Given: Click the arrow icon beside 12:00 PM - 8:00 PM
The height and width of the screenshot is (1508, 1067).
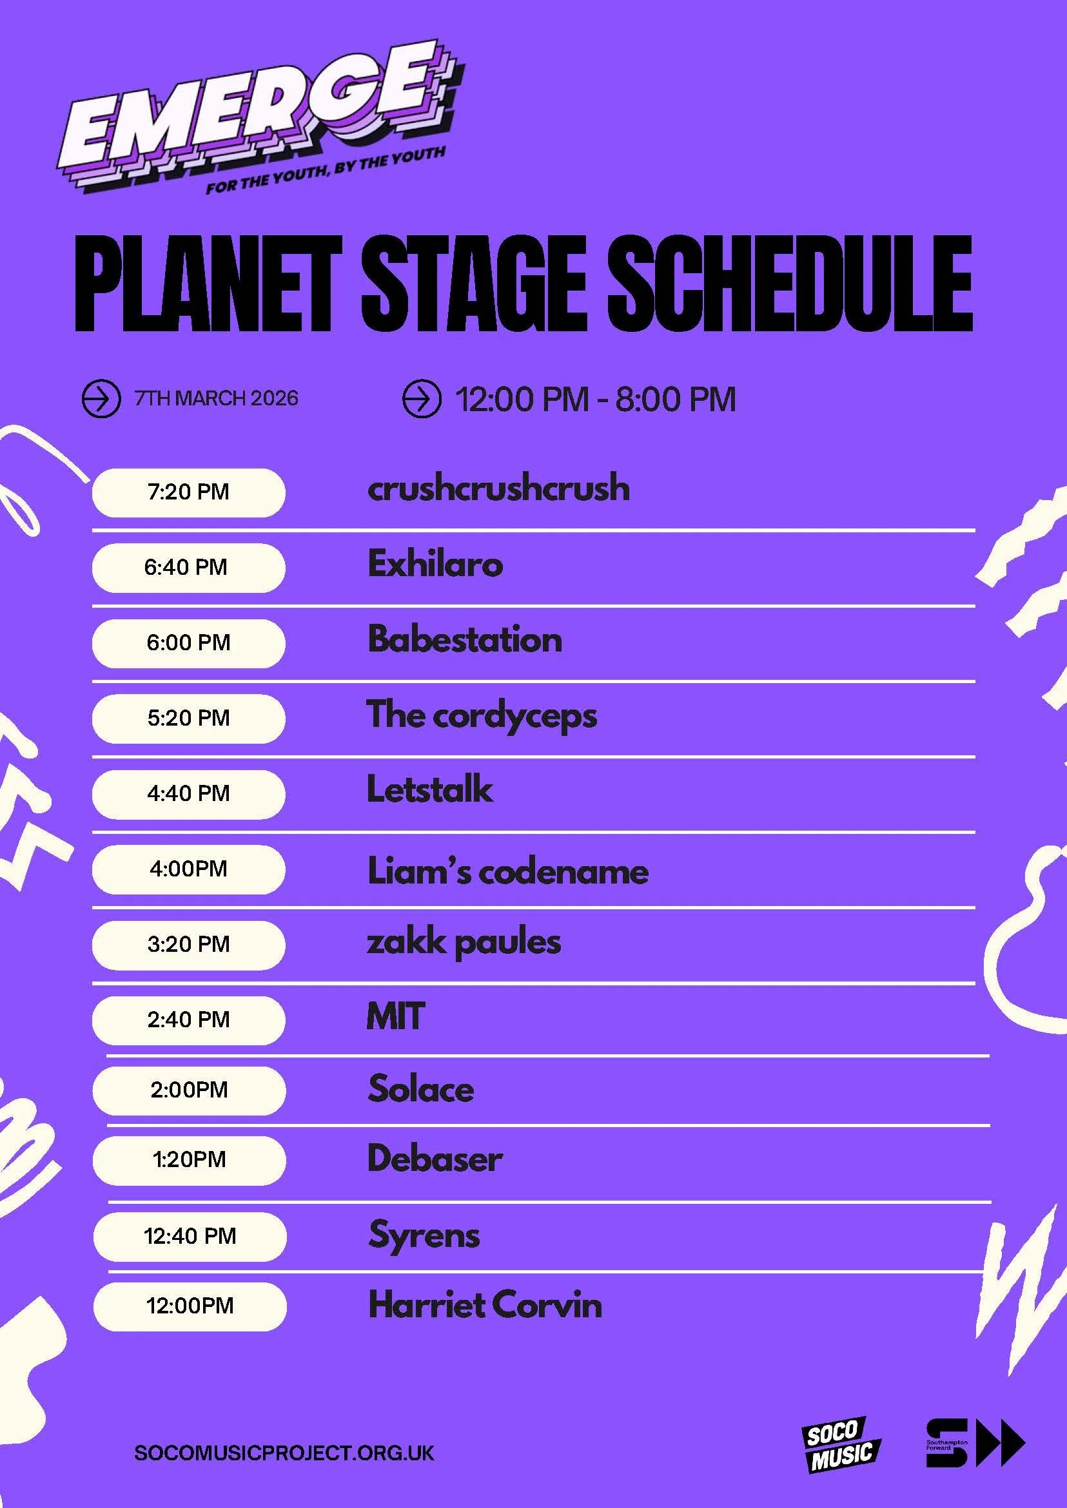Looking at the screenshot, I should click(x=420, y=399).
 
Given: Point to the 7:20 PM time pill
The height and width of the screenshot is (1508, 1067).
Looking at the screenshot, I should click(x=188, y=492).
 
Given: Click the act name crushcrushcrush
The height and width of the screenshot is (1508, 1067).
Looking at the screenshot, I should click(x=498, y=488).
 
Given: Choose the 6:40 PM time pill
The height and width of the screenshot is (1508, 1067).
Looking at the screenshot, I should click(x=188, y=568).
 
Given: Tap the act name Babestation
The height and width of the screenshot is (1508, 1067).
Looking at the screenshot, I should click(x=464, y=639).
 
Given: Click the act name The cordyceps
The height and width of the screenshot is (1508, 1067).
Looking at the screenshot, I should click(x=482, y=716).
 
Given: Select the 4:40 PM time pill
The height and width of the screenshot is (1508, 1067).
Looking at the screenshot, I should click(x=188, y=794).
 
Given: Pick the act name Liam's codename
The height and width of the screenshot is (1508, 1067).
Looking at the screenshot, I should click(x=507, y=871).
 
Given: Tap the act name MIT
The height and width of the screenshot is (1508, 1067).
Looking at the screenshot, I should click(x=395, y=1016).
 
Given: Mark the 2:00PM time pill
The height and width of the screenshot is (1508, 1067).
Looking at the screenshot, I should click(x=188, y=1090).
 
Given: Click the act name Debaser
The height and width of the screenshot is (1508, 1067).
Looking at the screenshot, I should click(x=435, y=1159).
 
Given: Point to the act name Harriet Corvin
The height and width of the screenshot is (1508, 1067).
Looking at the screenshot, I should click(x=485, y=1305).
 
